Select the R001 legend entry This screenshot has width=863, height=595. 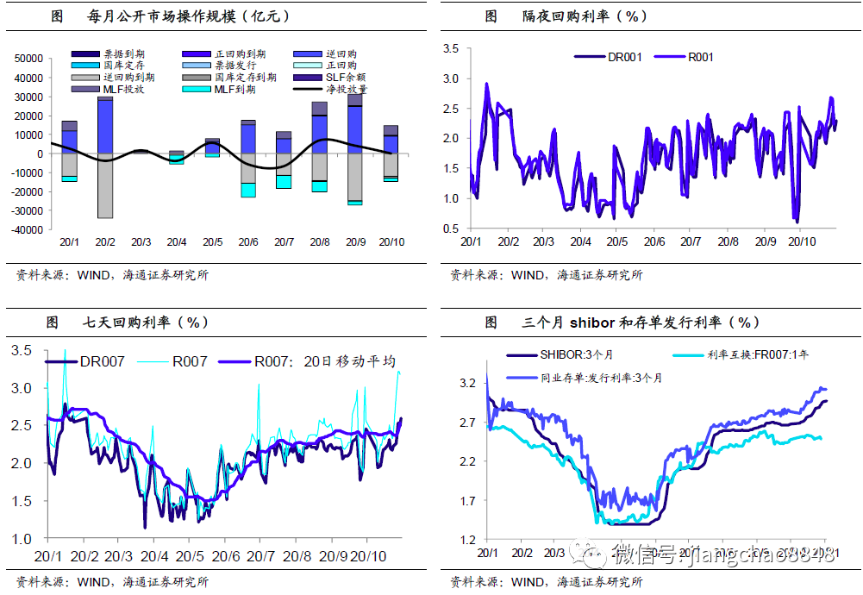click(700, 58)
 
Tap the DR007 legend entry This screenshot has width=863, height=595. click(102, 361)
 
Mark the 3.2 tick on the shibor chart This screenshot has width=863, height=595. click(466, 383)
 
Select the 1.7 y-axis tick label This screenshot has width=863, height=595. click(466, 501)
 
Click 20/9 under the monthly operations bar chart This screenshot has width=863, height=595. click(354, 243)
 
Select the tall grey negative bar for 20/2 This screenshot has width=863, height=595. click(105, 185)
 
